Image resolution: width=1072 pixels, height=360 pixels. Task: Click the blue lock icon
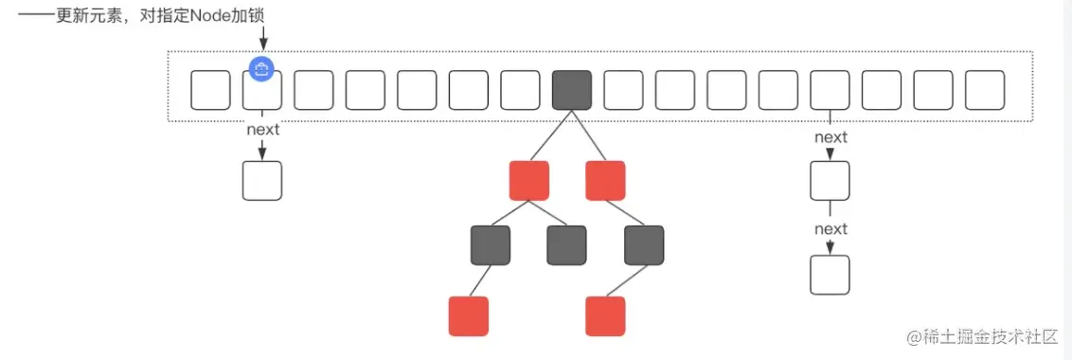coord(262,68)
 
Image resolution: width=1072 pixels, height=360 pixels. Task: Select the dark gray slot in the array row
coord(572,90)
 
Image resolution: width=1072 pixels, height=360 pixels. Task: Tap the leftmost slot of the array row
coord(211,90)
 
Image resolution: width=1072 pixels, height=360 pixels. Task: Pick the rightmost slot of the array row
coord(985,90)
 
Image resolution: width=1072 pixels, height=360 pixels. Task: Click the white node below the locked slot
coord(262,180)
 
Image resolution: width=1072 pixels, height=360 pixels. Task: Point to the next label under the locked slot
coord(262,130)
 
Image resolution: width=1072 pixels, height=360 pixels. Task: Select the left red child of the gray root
coord(529,180)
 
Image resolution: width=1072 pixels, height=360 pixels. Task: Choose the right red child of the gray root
coord(605,180)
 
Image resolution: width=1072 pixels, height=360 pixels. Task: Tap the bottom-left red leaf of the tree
coord(469,316)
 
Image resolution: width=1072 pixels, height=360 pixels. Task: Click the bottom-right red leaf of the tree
coord(605,316)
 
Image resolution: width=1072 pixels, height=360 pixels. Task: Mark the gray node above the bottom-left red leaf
coord(491,245)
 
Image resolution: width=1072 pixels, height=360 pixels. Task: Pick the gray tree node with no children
coord(566,245)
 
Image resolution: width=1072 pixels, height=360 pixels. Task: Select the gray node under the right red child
coord(644,245)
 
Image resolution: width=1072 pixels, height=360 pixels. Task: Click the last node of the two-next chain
coord(830,275)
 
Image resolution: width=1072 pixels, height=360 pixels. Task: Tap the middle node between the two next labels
coord(830,180)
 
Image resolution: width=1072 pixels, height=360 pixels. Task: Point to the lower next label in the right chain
coord(831,229)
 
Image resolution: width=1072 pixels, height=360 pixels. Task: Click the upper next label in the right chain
coord(831,137)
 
